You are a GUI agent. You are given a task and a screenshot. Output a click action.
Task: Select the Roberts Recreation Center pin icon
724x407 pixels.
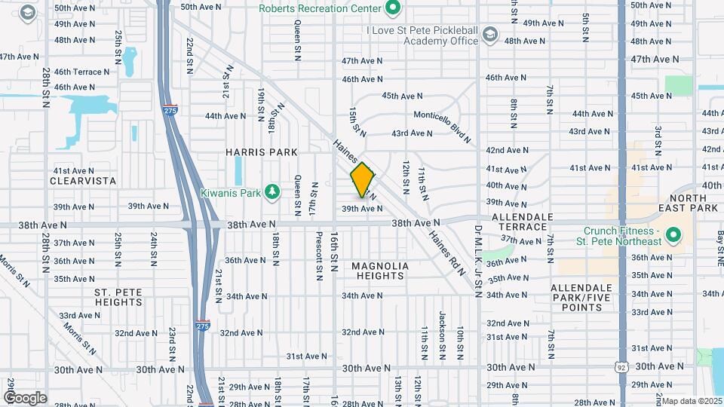[392, 8]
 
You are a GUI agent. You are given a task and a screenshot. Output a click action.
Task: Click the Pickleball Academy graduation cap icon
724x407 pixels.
[490, 35]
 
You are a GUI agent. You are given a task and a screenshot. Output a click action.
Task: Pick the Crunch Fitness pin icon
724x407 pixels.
[673, 236]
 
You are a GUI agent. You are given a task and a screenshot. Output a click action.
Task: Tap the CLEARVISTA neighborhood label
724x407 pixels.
[83, 181]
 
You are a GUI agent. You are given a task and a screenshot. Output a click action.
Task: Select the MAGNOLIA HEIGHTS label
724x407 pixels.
[380, 271]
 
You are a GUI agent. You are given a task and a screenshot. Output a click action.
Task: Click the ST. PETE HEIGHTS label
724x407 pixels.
[118, 297]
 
